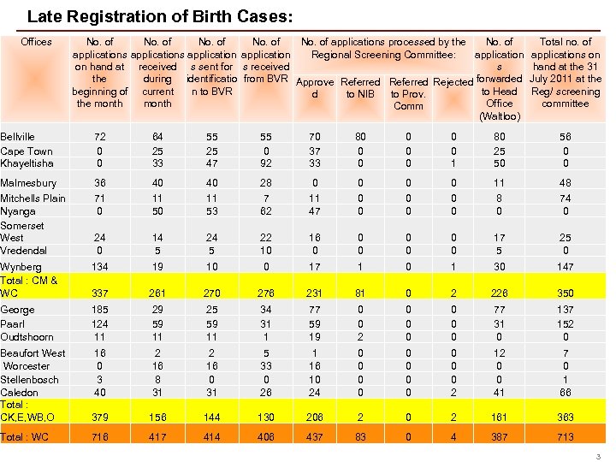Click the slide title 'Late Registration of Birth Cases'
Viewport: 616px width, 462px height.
point(160,16)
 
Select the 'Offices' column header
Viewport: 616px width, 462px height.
point(36,42)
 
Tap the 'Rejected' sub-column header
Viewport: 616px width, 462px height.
point(453,82)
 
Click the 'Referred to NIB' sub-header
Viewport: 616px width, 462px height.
point(360,88)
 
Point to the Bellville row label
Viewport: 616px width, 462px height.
point(18,137)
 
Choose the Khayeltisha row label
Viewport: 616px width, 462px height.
point(27,163)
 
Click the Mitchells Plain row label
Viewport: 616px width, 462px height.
point(33,198)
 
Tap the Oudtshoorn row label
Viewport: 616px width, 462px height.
point(27,336)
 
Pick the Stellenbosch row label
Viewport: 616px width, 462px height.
point(29,379)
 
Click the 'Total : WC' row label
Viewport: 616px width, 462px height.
point(24,436)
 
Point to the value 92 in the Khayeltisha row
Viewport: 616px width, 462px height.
point(265,163)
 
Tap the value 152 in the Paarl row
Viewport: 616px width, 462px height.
point(565,323)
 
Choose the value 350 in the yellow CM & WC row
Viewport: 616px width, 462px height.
point(565,293)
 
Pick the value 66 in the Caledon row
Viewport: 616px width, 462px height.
point(565,392)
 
